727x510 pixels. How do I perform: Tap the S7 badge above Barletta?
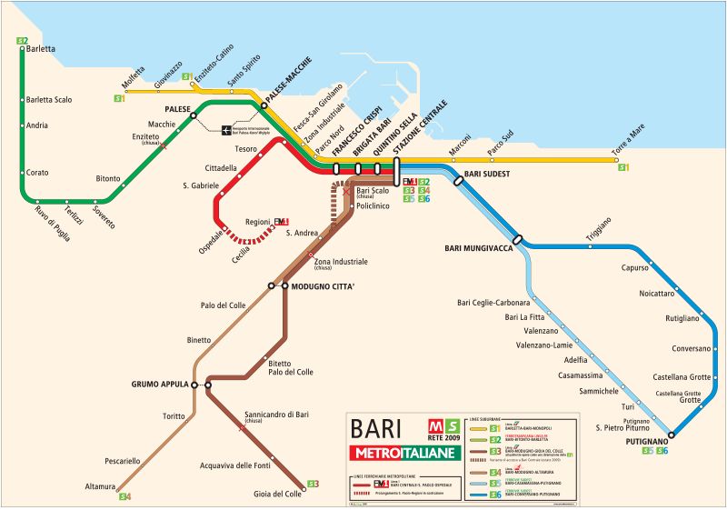23,40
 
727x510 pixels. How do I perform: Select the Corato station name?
37,172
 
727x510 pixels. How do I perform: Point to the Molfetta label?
133,85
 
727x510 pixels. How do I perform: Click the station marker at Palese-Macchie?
264,105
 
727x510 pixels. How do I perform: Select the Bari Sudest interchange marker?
458,180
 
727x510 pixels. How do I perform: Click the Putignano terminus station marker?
672,434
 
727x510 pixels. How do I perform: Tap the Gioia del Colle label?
276,494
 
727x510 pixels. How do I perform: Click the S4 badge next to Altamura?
124,496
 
